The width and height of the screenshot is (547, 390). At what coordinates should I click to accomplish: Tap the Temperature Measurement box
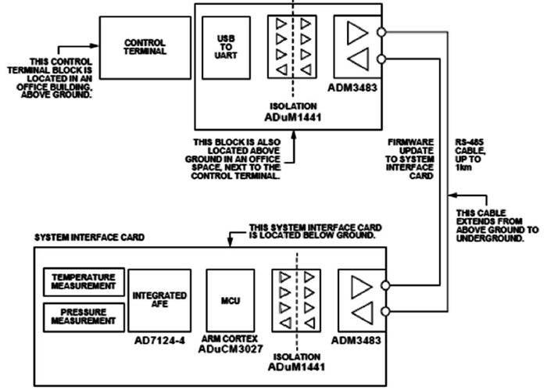pyautogui.click(x=84, y=281)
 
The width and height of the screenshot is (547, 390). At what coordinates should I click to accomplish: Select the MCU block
pyautogui.click(x=230, y=300)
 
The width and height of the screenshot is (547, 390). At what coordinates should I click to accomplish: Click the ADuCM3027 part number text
pyautogui.click(x=230, y=352)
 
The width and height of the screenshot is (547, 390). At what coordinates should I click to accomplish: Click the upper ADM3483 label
pyautogui.click(x=358, y=88)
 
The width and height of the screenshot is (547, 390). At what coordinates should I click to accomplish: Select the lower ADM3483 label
pyautogui.click(x=358, y=341)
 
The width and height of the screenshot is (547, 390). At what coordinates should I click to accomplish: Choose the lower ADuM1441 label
pyautogui.click(x=295, y=364)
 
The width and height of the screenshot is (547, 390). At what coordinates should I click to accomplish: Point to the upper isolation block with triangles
pyautogui.click(x=293, y=48)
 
